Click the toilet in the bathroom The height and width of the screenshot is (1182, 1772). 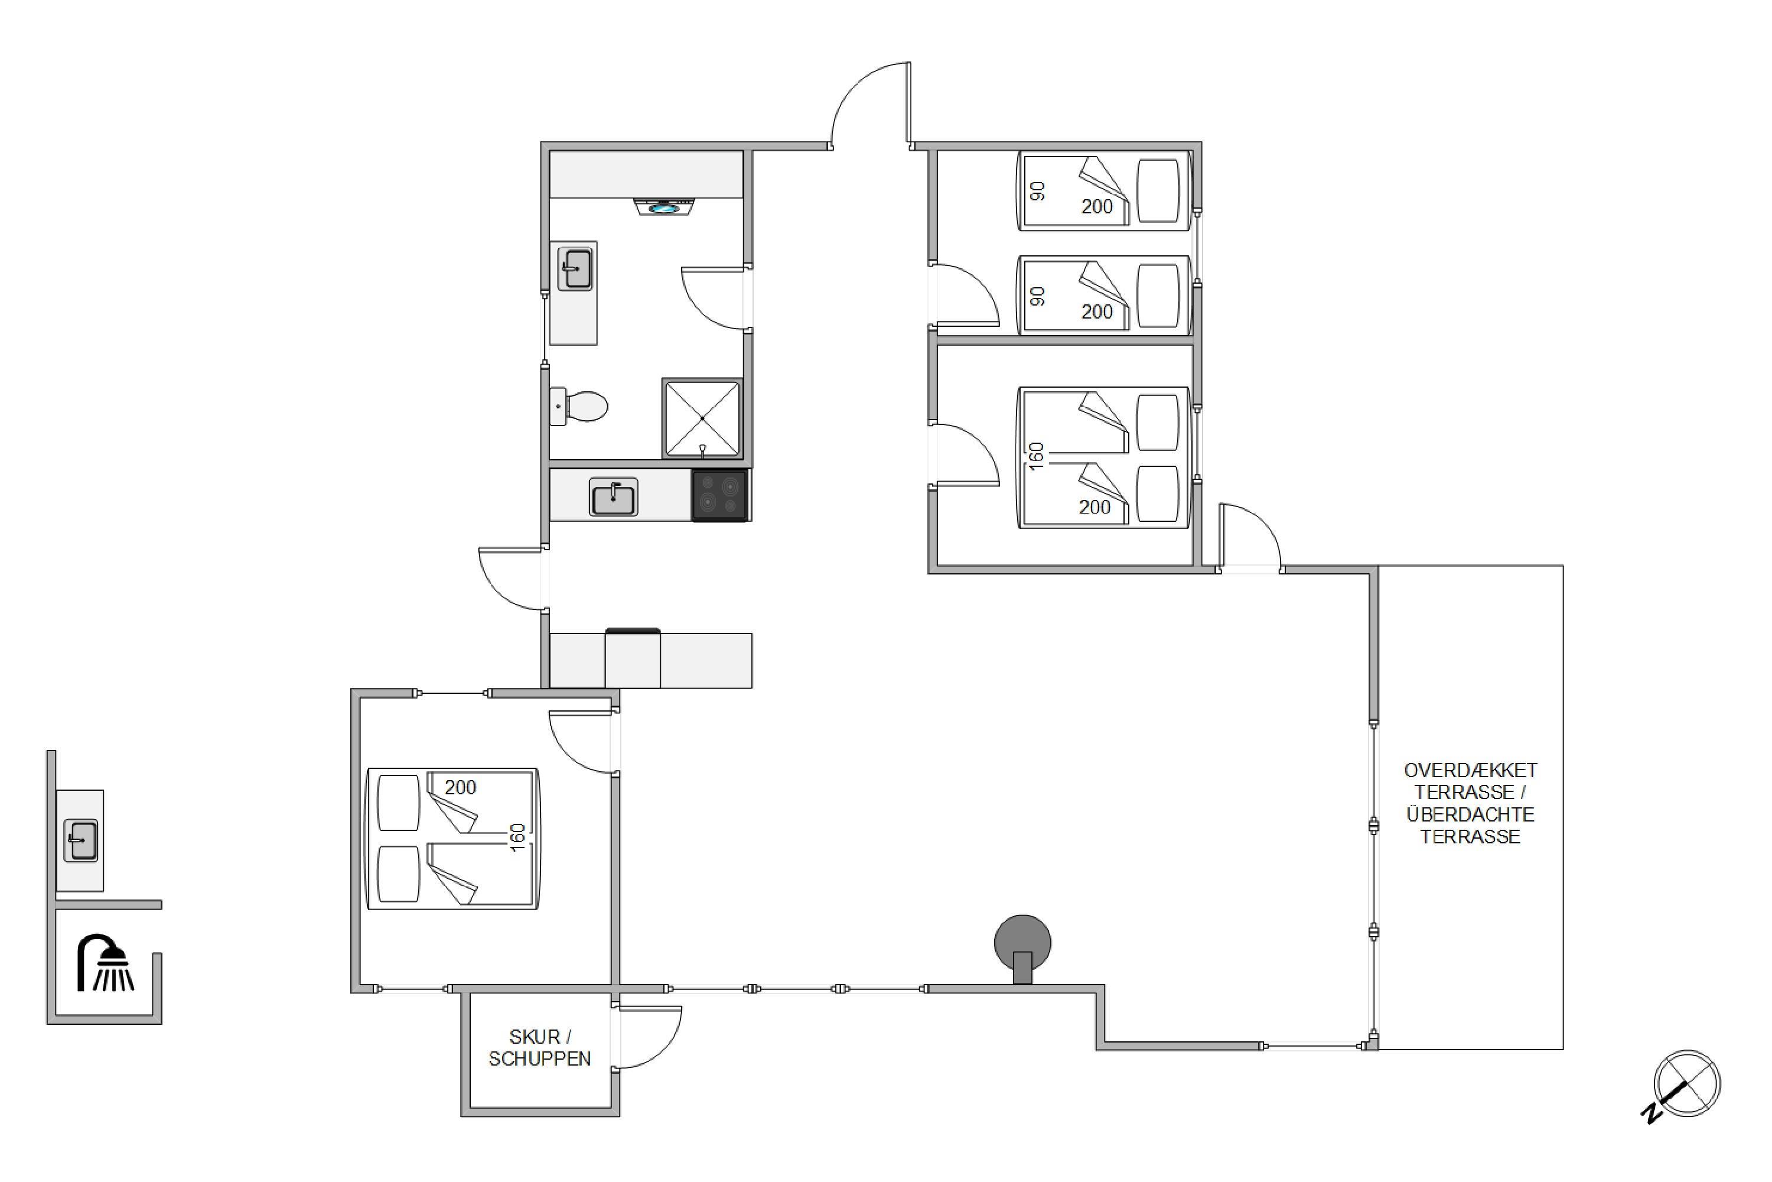(x=579, y=407)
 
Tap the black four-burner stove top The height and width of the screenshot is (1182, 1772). (x=719, y=495)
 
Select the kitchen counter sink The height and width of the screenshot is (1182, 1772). (x=613, y=498)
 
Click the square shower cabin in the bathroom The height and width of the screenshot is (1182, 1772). (x=702, y=418)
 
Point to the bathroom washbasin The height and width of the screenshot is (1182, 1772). (x=575, y=268)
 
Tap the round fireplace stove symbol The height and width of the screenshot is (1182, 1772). (x=1022, y=947)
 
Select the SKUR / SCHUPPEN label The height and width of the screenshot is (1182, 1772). (x=539, y=1048)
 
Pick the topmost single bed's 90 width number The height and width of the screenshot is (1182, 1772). (x=1038, y=191)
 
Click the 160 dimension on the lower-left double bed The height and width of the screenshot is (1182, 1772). (x=517, y=837)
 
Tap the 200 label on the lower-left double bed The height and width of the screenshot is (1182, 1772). (x=460, y=788)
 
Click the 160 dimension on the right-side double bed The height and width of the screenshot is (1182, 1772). (x=1037, y=456)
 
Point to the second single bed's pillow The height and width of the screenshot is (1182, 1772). (x=1158, y=295)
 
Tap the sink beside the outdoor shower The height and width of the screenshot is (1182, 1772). (x=80, y=840)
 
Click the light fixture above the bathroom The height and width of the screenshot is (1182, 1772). (x=664, y=206)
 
